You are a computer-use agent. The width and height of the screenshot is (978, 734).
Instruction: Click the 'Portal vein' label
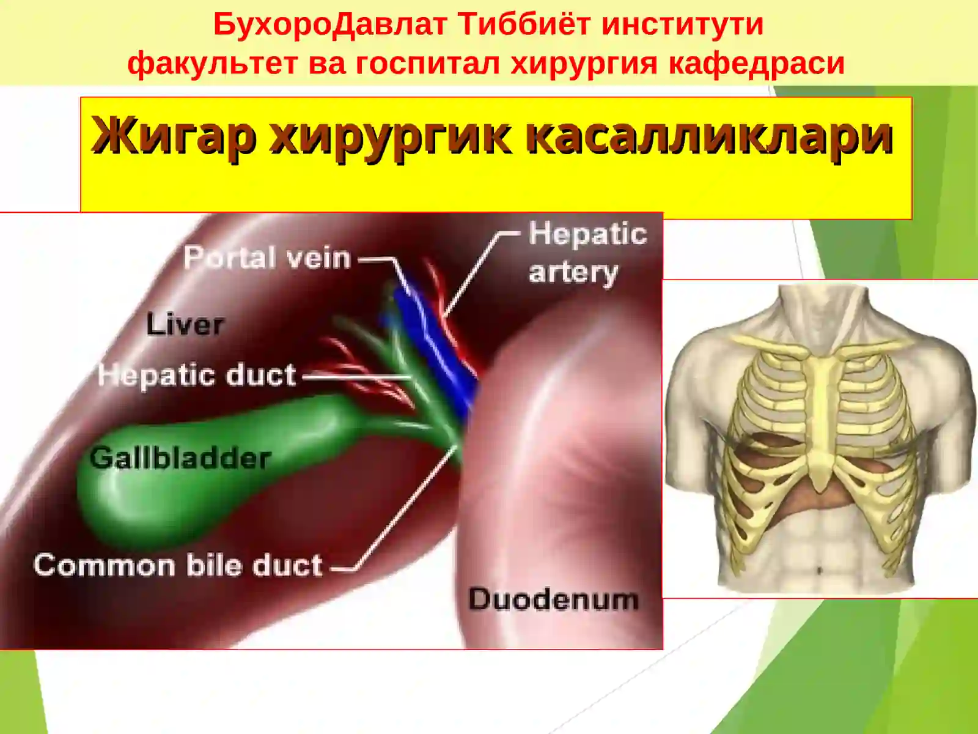(267, 258)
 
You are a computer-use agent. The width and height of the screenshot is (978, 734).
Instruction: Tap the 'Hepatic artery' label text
(587, 253)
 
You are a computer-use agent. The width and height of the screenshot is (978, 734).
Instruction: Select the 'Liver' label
(185, 324)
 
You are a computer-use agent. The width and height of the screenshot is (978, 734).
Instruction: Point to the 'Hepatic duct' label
(197, 375)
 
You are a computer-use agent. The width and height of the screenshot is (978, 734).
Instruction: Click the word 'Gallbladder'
(180, 458)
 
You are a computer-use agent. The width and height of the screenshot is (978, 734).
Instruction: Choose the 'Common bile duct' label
(178, 565)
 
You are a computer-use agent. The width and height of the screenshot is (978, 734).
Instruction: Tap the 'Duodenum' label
(553, 599)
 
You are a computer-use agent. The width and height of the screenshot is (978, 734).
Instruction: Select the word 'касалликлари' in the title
(709, 136)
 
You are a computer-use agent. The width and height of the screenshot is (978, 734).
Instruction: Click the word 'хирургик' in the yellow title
(391, 136)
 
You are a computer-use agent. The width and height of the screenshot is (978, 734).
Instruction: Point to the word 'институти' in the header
(682, 24)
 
